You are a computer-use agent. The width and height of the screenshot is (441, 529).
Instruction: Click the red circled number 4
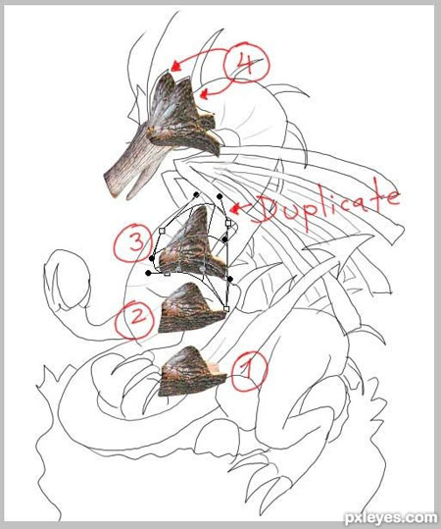(x=247, y=64)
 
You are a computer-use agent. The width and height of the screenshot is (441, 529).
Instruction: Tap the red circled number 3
(x=134, y=241)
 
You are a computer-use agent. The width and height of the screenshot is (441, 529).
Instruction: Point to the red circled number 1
(x=249, y=371)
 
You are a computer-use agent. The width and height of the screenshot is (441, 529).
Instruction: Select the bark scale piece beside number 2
(x=190, y=309)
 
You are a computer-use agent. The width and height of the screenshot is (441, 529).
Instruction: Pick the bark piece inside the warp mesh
(x=192, y=244)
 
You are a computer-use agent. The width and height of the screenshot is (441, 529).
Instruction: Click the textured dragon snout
(x=135, y=165)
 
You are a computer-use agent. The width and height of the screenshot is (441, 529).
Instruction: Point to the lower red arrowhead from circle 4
(x=204, y=94)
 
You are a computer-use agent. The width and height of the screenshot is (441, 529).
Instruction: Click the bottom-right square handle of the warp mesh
(x=226, y=309)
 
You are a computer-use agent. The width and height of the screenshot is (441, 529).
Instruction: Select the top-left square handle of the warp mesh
(x=162, y=231)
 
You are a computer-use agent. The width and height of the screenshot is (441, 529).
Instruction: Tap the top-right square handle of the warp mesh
(x=228, y=223)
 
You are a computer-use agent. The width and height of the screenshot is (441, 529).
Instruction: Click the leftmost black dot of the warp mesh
(x=148, y=273)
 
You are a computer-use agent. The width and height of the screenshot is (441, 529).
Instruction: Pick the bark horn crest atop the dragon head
(x=182, y=111)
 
